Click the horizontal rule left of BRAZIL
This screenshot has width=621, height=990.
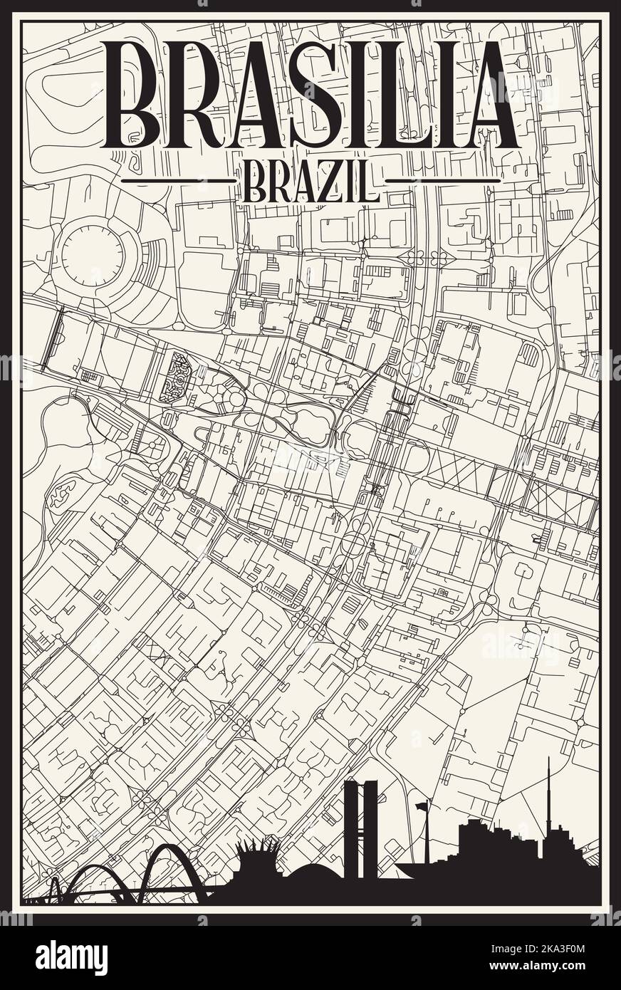click(178, 181)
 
